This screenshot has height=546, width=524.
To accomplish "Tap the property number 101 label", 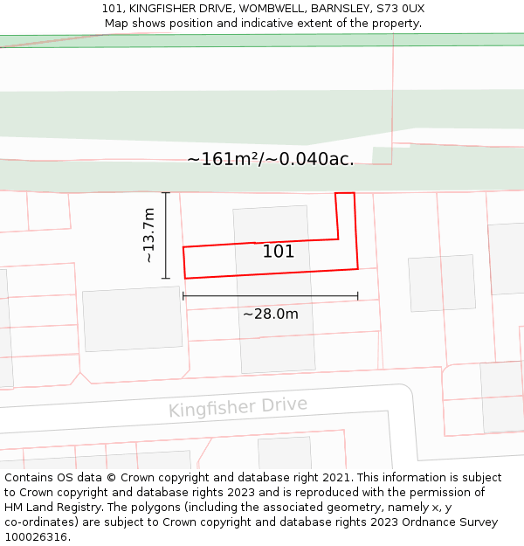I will tap(279, 252).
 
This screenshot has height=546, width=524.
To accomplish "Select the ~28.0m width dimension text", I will tap(270, 314).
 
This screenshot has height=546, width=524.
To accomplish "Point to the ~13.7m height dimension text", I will tap(149, 235).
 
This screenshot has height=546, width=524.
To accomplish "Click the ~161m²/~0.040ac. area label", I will tap(270, 159).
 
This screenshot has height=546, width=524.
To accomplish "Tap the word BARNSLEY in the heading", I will tap(340, 9).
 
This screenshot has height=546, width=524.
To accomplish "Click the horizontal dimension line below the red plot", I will tap(270, 297).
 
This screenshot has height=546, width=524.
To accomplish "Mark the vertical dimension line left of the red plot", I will tap(166, 235).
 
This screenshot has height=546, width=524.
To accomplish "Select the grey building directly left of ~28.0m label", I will tap(132, 319).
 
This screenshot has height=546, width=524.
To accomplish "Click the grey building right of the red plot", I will tap(442, 283).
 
